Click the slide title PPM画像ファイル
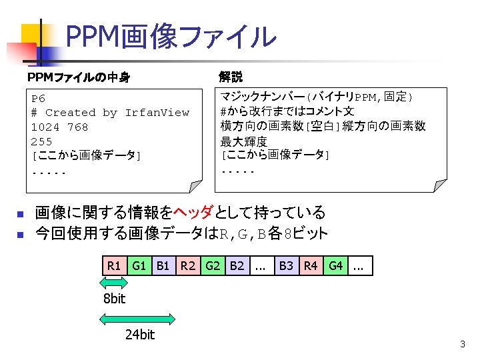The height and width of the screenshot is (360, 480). [171, 37]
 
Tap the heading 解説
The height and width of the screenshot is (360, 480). [231, 77]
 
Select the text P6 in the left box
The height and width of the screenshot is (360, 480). [38, 99]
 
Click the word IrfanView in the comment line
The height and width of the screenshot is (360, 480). [157, 113]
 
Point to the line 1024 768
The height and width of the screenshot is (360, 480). [59, 127]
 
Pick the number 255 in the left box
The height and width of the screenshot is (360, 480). [41, 141]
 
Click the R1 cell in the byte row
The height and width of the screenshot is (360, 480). [114, 266]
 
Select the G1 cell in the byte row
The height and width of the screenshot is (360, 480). [139, 266]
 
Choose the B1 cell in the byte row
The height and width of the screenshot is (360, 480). [163, 266]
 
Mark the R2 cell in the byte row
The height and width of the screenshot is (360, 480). [188, 266]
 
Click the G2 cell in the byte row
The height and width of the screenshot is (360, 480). [213, 266]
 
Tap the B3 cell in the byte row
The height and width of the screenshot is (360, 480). [286, 266]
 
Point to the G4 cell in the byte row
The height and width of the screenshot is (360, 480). [335, 266]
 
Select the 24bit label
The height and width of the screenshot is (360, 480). [139, 335]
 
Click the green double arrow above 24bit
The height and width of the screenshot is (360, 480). [139, 319]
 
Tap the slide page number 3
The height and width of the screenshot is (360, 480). [462, 345]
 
